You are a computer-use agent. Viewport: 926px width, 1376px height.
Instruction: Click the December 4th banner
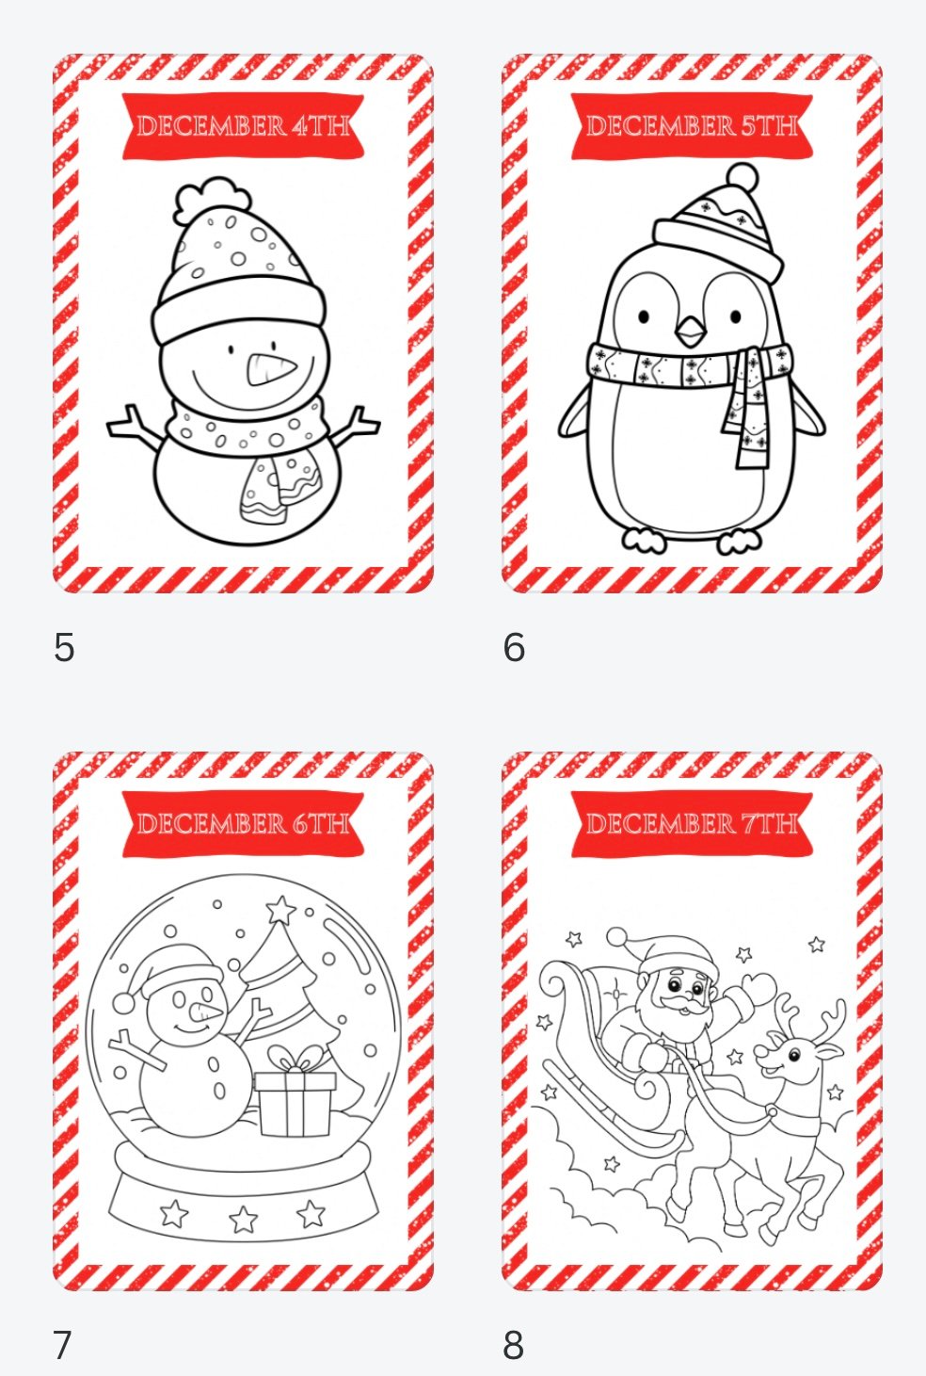click(243, 126)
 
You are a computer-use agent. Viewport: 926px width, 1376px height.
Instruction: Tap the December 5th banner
click(692, 126)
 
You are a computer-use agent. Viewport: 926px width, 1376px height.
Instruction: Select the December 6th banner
click(243, 824)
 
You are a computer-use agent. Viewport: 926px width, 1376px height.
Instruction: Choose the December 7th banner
click(692, 824)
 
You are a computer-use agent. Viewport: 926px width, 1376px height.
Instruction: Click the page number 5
click(64, 647)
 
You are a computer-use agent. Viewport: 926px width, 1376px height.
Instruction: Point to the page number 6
click(514, 647)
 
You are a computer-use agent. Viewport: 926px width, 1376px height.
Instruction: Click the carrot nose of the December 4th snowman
click(271, 370)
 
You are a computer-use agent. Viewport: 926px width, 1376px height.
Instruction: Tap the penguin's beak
click(691, 332)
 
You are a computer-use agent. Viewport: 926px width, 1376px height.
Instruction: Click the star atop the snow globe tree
click(281, 910)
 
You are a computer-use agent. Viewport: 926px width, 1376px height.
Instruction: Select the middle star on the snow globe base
click(243, 1220)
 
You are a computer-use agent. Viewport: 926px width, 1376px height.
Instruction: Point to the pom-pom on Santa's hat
click(617, 937)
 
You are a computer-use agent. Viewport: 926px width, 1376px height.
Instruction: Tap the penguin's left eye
click(644, 317)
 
